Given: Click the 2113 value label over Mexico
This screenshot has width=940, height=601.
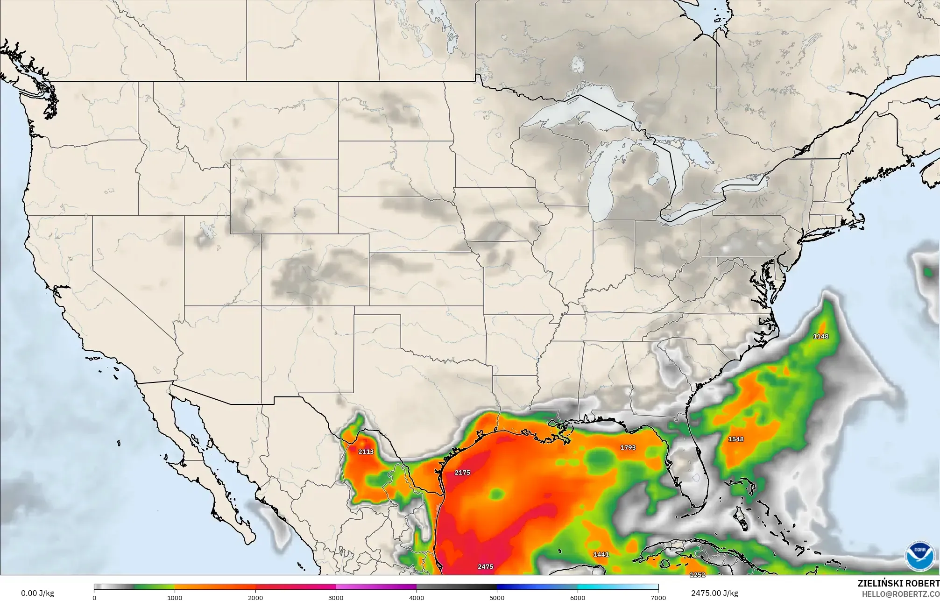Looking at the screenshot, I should click(366, 452).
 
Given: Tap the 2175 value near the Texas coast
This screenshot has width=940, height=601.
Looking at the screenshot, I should click(462, 473).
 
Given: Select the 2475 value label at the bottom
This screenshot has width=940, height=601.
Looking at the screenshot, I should click(485, 566).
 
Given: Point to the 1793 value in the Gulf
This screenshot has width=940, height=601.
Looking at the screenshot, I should click(628, 447).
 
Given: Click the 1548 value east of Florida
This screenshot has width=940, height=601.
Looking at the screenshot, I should click(736, 439).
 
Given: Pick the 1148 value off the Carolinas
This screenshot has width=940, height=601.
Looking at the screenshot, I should click(820, 336).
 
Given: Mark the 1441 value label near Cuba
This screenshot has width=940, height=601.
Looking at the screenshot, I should click(601, 554).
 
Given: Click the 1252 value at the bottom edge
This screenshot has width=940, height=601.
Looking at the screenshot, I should click(697, 574).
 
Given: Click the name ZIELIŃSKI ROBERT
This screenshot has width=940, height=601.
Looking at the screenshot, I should click(898, 583).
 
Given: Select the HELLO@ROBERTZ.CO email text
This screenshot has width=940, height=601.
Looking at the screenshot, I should click(900, 594).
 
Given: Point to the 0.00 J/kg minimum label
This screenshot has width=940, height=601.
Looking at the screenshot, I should click(37, 593).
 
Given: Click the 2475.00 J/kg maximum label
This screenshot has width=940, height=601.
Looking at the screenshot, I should click(714, 593).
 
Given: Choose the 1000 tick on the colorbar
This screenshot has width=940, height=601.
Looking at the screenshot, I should click(175, 597).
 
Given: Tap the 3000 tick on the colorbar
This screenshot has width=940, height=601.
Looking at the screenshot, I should click(336, 597).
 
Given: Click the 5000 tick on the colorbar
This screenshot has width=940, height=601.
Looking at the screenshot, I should click(497, 597).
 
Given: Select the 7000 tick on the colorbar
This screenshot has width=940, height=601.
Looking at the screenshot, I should click(658, 597).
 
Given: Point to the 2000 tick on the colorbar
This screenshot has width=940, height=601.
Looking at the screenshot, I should click(255, 597).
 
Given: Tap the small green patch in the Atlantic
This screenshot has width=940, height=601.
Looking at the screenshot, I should click(926, 271).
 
